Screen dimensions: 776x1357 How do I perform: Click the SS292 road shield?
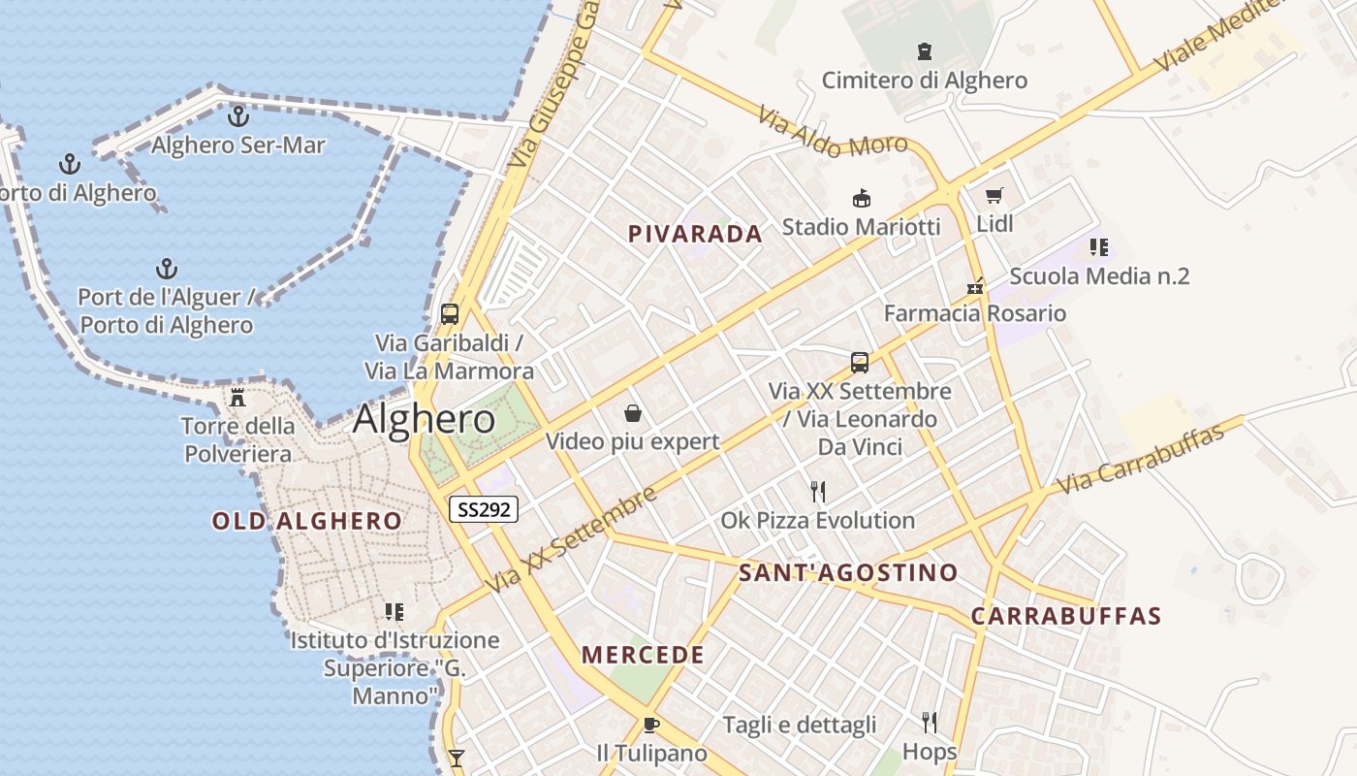click(483, 509)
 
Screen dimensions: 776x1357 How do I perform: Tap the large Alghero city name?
click(424, 419)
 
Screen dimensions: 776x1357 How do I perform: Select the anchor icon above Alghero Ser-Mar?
click(237, 116)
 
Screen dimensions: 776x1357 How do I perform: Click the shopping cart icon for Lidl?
click(994, 196)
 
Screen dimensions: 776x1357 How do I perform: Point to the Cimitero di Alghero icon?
click(924, 51)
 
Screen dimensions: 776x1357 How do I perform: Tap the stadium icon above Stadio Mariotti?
click(861, 199)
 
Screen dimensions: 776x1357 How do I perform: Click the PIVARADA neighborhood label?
click(695, 234)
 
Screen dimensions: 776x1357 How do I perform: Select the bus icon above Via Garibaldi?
click(450, 313)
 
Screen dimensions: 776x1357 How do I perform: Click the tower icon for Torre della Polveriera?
click(237, 397)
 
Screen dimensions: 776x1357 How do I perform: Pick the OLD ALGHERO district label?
click(306, 521)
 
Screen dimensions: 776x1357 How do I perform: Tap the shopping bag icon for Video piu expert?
click(633, 413)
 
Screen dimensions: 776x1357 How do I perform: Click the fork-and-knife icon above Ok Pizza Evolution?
click(818, 491)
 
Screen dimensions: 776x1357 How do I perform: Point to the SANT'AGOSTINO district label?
click(848, 572)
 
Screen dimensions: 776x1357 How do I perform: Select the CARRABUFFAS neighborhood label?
click(1065, 616)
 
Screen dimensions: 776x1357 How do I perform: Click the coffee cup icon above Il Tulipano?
click(651, 725)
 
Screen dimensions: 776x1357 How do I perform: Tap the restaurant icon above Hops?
click(930, 722)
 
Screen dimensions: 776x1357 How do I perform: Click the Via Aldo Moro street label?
click(833, 133)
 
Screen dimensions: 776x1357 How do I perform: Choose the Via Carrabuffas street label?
click(1141, 458)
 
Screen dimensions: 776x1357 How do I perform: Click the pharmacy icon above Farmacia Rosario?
click(975, 285)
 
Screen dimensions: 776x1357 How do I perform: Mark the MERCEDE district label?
click(643, 655)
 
